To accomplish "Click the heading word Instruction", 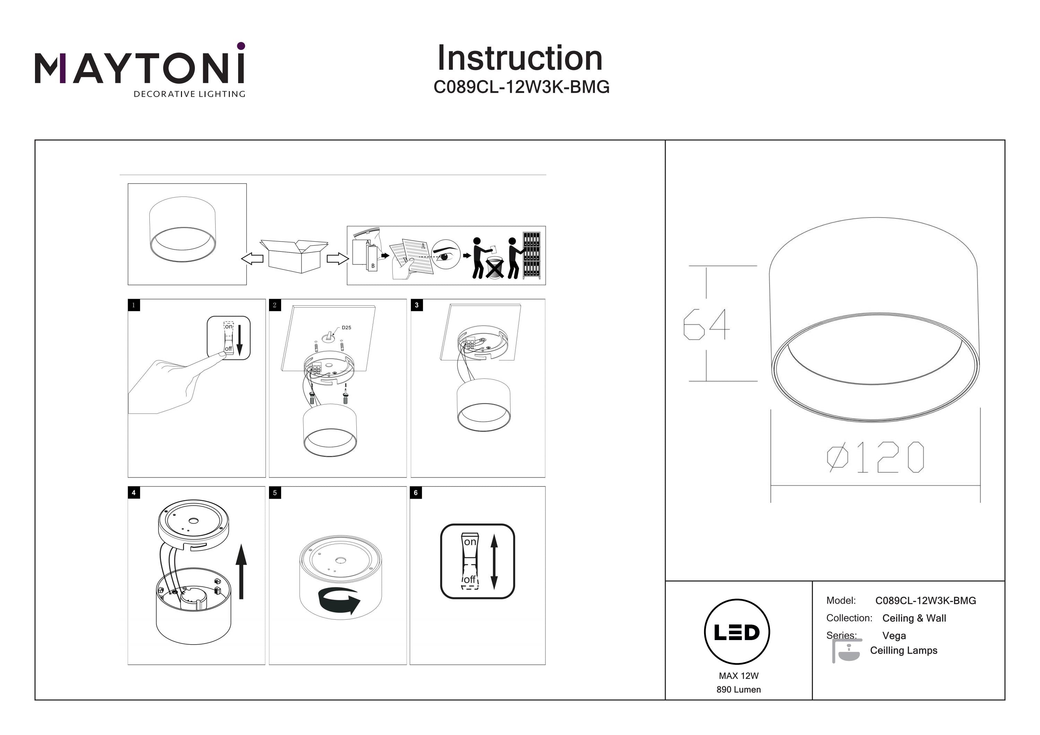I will click(x=520, y=59).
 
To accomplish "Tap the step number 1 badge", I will click(x=133, y=305).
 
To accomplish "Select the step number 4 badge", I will click(x=133, y=493).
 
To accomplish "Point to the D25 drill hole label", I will click(x=346, y=327).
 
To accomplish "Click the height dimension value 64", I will click(x=706, y=324).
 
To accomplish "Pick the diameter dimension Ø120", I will click(x=875, y=457).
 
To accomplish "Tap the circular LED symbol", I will click(x=737, y=632).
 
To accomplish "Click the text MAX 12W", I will click(x=738, y=676).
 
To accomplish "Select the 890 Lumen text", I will click(x=738, y=690).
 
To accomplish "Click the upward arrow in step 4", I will click(x=241, y=571).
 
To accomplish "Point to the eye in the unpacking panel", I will click(x=444, y=256).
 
